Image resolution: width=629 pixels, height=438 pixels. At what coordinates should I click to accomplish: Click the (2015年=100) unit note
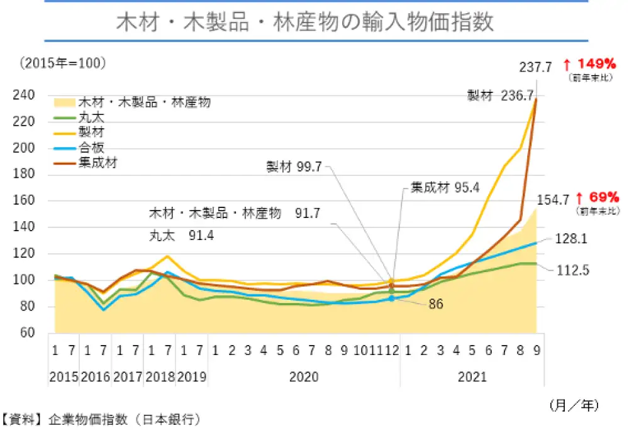[62, 63]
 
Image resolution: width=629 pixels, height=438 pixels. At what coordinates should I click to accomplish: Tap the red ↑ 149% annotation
[589, 64]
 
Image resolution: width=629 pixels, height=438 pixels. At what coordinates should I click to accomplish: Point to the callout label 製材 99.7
[294, 167]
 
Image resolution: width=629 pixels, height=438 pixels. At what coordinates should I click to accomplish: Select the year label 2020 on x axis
[304, 377]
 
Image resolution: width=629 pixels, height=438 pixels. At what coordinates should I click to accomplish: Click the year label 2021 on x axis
[472, 377]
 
